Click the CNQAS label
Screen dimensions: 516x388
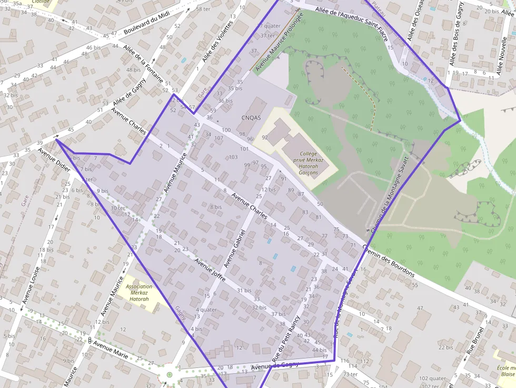point(251,117)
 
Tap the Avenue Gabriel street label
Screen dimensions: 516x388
point(235,248)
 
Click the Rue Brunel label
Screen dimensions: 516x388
point(474,346)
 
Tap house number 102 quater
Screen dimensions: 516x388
point(433,378)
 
